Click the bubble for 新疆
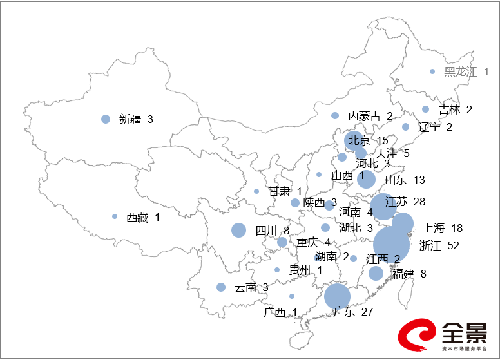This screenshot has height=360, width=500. (x=106, y=119)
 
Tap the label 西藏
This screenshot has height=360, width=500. (x=137, y=218)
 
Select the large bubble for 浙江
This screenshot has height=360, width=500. (x=392, y=244)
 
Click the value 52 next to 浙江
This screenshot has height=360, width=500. (x=448, y=245)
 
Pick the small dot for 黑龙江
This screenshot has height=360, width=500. (x=432, y=71)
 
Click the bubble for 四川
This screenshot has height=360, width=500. (x=239, y=230)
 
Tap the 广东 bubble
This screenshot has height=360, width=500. (x=337, y=296)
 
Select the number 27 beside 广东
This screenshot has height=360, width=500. (x=367, y=312)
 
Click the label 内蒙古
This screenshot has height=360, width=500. (x=365, y=117)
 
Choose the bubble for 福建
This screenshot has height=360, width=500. (x=376, y=273)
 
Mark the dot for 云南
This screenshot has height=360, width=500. (x=221, y=287)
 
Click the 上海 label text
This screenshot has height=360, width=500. (x=434, y=228)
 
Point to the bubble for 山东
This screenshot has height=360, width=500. (x=366, y=179)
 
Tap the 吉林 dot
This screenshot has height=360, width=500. (x=426, y=109)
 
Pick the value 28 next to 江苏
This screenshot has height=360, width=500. (x=419, y=202)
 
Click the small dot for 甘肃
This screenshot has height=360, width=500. (x=256, y=191)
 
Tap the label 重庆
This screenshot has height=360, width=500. (x=307, y=243)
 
